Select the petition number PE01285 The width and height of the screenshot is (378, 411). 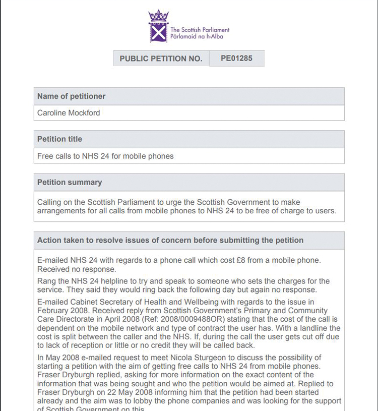tap(236, 58)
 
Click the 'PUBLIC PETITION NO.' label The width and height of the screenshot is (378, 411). tap(161, 58)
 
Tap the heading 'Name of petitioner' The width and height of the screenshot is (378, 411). tap(71, 96)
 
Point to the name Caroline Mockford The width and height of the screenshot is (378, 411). tap(69, 113)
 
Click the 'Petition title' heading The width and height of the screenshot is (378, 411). tap(59, 139)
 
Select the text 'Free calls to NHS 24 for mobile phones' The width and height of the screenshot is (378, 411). tap(105, 156)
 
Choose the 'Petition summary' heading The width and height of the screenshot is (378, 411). tap(70, 182)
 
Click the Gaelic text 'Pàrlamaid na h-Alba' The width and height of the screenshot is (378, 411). tap(200, 37)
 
